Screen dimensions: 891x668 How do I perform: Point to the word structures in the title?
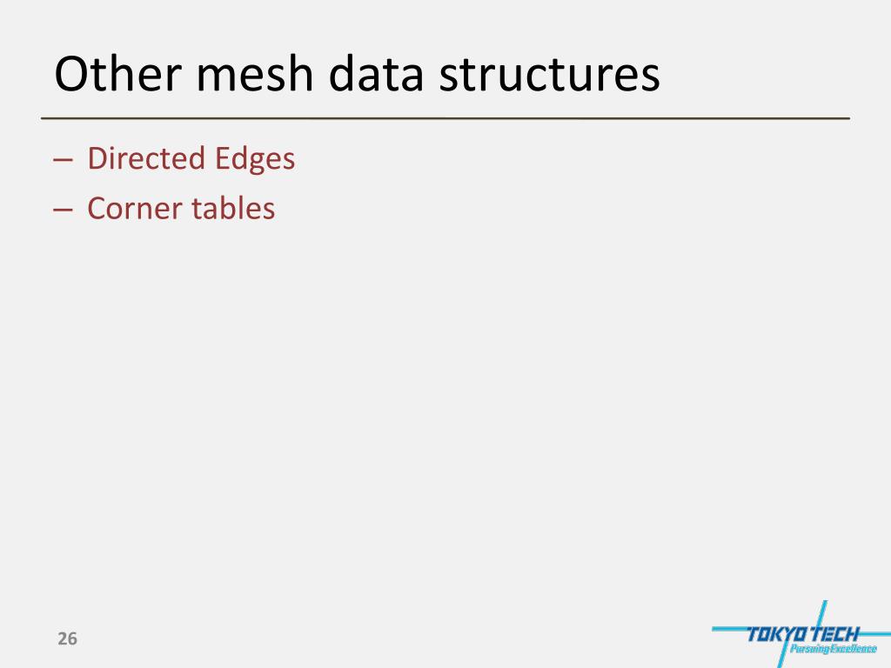549,75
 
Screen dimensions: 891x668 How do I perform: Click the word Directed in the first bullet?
135,158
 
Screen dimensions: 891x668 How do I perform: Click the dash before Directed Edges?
62,160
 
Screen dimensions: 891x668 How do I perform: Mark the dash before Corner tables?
62,210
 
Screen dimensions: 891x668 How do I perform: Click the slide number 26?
67,639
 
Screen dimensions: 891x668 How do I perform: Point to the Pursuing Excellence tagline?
833,648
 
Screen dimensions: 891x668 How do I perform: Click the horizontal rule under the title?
445,117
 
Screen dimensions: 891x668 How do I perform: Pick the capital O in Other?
70,75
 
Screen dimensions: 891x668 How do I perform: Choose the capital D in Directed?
97,158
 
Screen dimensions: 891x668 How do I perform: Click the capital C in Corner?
97,208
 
